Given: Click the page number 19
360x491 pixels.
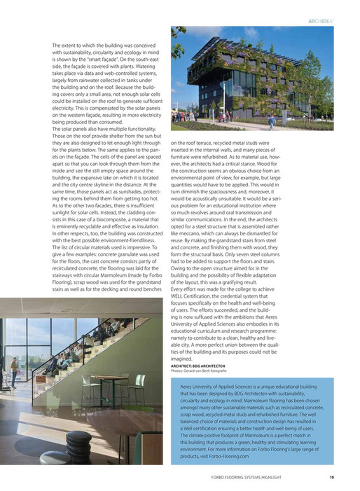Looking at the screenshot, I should click(x=331, y=478).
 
